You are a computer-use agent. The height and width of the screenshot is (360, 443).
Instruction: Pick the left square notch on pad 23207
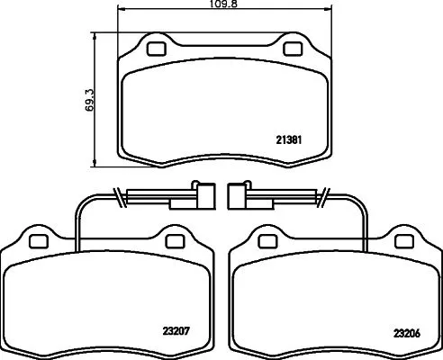point(38,241)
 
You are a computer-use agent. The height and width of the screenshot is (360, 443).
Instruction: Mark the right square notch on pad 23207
point(172,241)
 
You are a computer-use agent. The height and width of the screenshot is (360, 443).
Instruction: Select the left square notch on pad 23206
point(266,241)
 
